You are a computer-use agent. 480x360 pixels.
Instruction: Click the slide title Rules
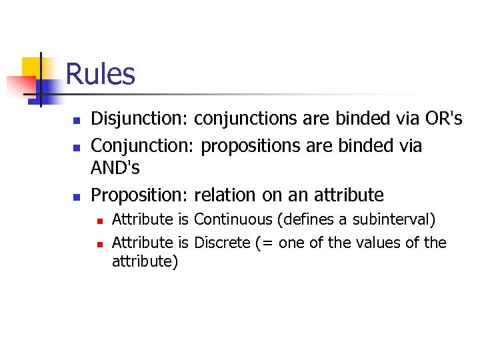pyautogui.click(x=101, y=74)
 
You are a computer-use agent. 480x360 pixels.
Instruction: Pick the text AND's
pyautogui.click(x=115, y=169)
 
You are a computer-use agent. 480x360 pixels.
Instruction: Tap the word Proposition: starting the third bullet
pyautogui.click(x=140, y=195)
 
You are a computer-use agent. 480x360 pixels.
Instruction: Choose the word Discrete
pyautogui.click(x=222, y=243)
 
